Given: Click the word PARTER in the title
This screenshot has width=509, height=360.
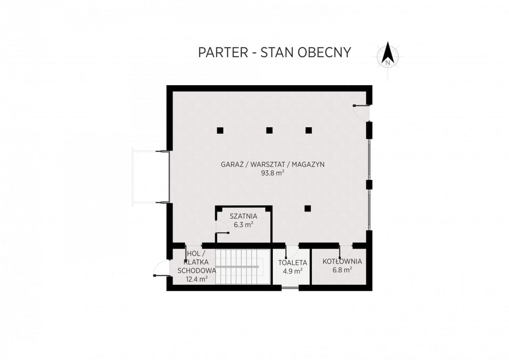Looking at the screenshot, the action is (223, 53).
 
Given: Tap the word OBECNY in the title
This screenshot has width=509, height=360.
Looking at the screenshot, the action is (324, 53).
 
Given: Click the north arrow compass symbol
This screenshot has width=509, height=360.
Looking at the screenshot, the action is (388, 56).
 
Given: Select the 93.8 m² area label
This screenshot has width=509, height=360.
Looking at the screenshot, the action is (273, 173).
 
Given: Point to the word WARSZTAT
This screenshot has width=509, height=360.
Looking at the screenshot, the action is (268, 165).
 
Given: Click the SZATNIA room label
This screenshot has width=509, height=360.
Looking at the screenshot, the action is (243, 216).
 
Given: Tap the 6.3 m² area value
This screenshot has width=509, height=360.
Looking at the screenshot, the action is (243, 225).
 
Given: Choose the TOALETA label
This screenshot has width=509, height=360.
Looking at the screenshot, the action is (293, 263).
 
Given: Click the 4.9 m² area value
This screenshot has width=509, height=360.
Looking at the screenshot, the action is (293, 271).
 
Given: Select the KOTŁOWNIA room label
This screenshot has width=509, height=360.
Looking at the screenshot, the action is (342, 262).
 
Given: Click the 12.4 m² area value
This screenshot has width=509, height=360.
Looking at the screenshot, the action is (197, 279).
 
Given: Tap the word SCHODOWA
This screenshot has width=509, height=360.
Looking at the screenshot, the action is (196, 271).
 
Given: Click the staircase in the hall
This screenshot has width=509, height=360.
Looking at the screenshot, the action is (243, 267).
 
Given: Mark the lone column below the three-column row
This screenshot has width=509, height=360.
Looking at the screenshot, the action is (308, 209).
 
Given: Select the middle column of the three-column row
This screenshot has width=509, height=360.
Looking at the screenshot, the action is (269, 130).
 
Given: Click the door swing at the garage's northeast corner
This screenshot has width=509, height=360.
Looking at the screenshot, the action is (361, 113).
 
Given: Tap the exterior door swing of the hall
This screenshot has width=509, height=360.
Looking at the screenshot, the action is (162, 268).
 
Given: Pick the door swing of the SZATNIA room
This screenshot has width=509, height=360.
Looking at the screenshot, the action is (222, 226).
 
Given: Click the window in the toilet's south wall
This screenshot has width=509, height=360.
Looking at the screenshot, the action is (290, 288).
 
